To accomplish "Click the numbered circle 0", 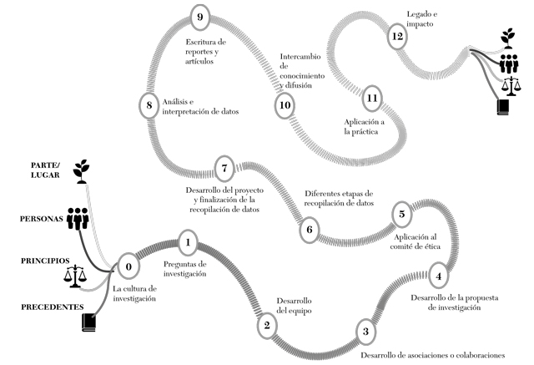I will click(128, 267).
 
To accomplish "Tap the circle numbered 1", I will click(189, 245).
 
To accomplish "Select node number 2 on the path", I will click(266, 326).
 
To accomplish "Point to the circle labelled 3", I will click(365, 332).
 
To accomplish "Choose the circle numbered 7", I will click(224, 168).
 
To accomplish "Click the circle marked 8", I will click(149, 105).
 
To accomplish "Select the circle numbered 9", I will click(198, 16).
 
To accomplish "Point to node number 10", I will click(285, 105).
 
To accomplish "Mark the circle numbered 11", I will click(373, 98).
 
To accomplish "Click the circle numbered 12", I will click(398, 37).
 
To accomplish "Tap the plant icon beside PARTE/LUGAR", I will click(81, 170).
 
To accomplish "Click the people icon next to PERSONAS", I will click(78, 219).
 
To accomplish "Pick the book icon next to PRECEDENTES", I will click(89, 322).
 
